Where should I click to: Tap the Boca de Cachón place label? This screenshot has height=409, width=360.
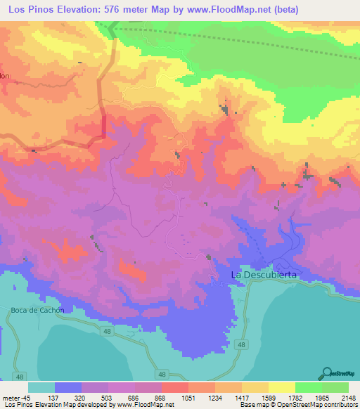38,310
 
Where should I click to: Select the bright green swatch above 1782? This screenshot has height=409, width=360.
308,387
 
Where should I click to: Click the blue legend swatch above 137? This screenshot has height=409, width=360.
68,387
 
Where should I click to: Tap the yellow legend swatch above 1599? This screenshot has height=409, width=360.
281,387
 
